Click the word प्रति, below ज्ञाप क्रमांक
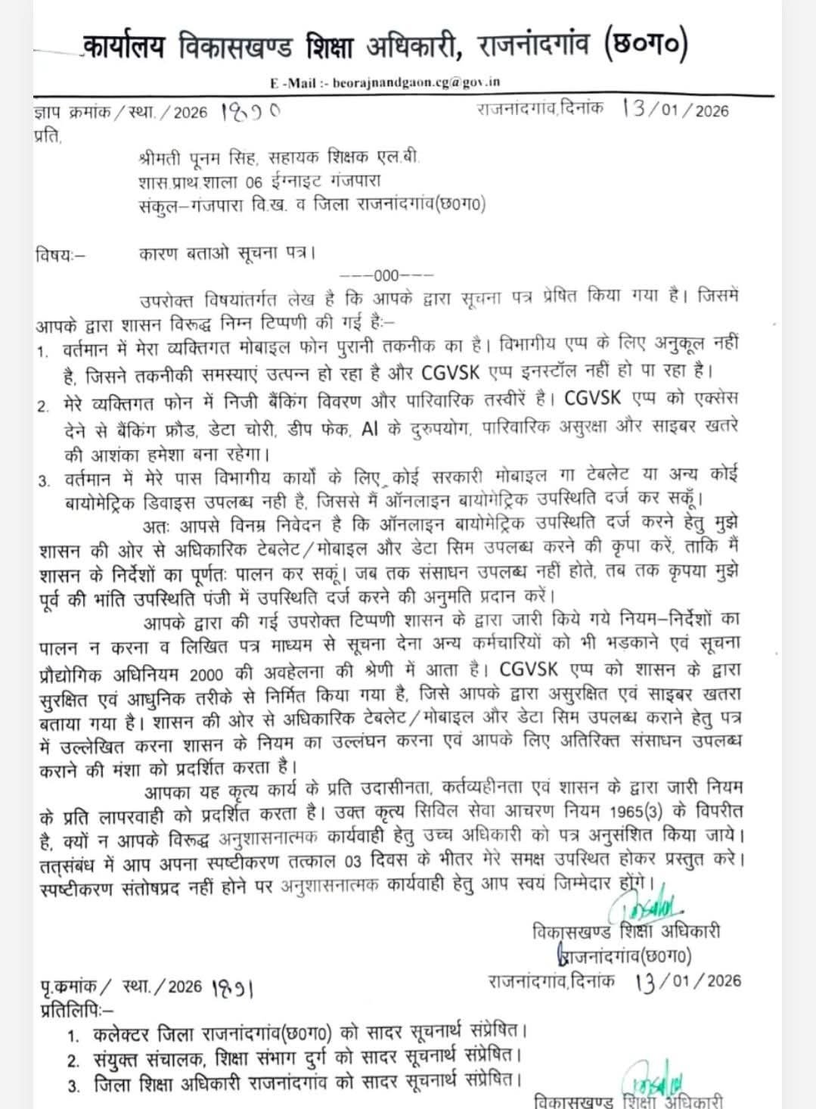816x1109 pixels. coord(45,137)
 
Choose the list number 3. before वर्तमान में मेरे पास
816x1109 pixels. coord(45,479)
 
